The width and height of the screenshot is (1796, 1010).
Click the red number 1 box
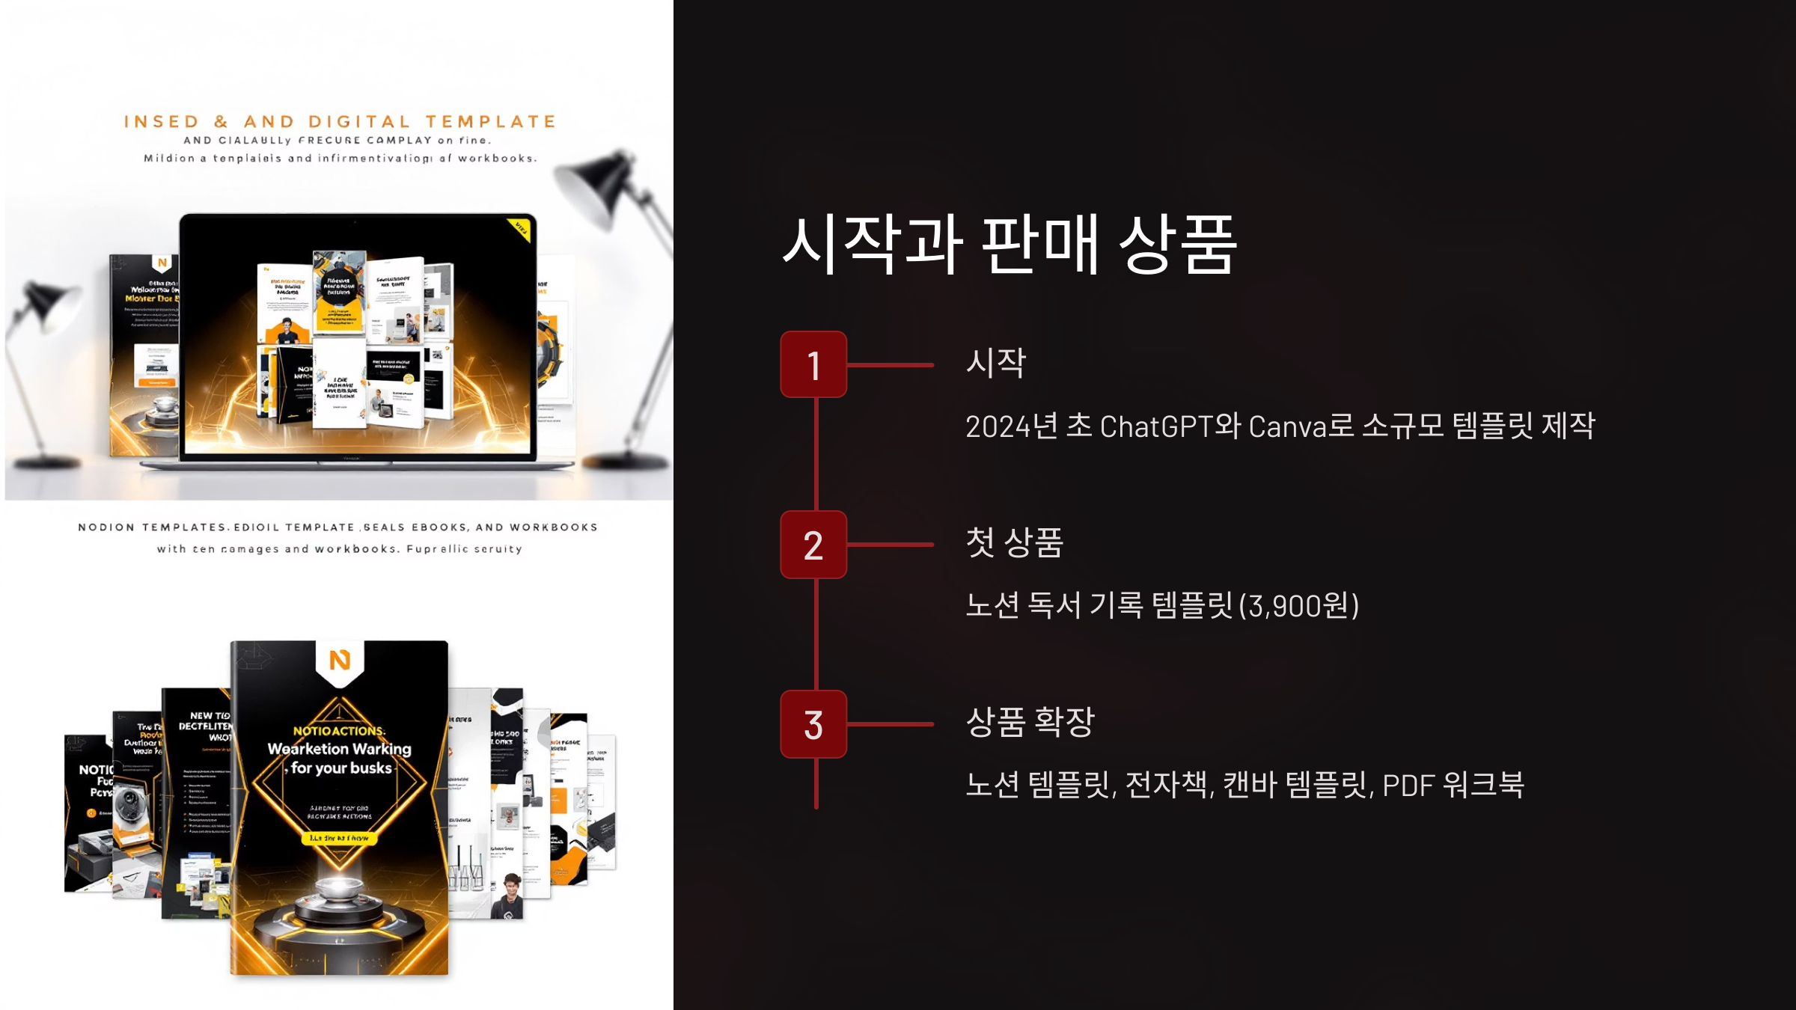(x=813, y=365)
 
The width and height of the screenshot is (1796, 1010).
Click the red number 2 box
(x=813, y=545)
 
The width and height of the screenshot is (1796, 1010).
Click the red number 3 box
(x=813, y=724)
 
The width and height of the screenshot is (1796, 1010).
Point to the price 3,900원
(x=1299, y=605)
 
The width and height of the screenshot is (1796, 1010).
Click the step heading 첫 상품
(x=1014, y=542)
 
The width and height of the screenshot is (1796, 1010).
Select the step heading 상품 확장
(x=1030, y=722)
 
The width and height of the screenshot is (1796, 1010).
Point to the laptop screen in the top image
(x=358, y=337)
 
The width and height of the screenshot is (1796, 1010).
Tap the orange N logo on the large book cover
(x=340, y=660)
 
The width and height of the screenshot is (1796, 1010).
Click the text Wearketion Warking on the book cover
(x=340, y=749)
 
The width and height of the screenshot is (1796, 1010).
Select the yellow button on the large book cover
(x=340, y=838)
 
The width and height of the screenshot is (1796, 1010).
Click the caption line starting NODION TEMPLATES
(x=338, y=527)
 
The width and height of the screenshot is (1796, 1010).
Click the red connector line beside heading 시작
(x=891, y=365)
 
